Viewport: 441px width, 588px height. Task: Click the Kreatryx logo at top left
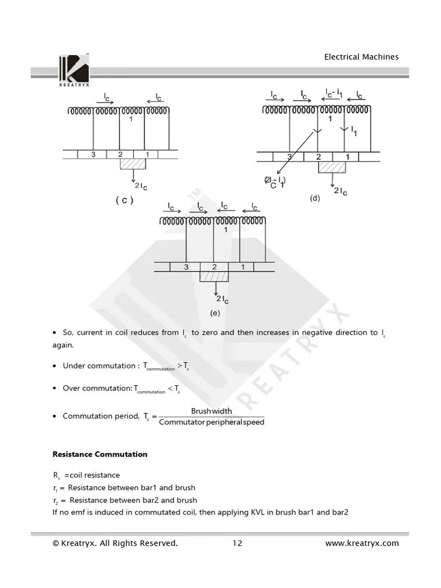point(73,70)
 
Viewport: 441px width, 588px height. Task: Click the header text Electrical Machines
point(361,57)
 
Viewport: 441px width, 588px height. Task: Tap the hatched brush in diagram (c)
point(133,164)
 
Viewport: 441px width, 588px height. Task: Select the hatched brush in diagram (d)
point(332,167)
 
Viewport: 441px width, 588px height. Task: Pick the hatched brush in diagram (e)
point(214,276)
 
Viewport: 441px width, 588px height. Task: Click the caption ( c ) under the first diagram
point(124,200)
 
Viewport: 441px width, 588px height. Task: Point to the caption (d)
point(315,198)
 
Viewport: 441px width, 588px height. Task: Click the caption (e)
point(215,313)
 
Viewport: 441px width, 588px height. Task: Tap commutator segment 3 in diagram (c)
point(94,154)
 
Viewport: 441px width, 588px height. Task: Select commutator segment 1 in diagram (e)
point(242,267)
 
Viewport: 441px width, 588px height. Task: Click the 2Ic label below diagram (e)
point(223,299)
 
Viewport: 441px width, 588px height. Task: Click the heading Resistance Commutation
point(100,454)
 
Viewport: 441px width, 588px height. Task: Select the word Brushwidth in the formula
point(211,411)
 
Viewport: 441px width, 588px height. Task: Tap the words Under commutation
point(98,366)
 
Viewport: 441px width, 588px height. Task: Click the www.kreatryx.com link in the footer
point(362,543)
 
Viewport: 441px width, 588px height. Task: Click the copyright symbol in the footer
point(56,543)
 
